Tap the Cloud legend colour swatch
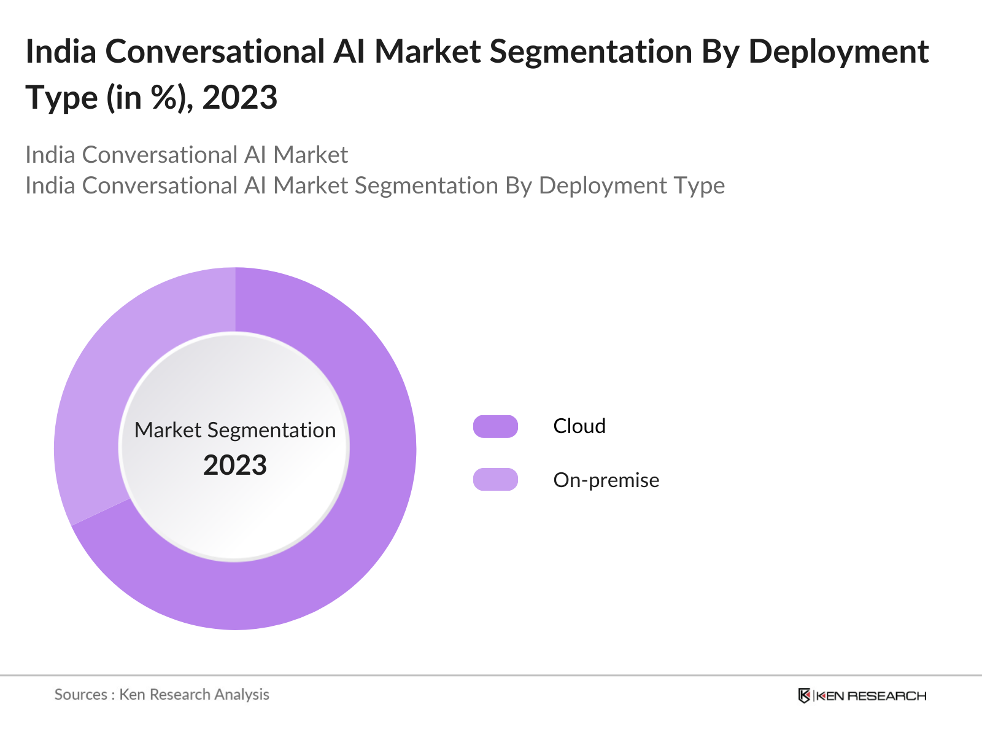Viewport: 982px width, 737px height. pyautogui.click(x=495, y=426)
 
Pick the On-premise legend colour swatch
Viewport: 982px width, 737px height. pyautogui.click(x=495, y=480)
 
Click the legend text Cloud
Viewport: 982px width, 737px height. pyautogui.click(x=579, y=426)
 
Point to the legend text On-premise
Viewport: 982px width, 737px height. pyautogui.click(x=606, y=480)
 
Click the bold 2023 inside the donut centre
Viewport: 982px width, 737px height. pyautogui.click(x=235, y=466)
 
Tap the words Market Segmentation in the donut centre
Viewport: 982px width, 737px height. pyautogui.click(x=235, y=430)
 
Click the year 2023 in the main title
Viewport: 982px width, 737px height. pyautogui.click(x=240, y=97)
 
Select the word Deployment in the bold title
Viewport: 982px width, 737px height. pyautogui.click(x=838, y=52)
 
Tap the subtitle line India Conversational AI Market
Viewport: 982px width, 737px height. pyautogui.click(x=187, y=155)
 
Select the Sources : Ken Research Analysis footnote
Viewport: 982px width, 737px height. pyautogui.click(x=161, y=695)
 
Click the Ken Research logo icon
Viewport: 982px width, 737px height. pyautogui.click(x=804, y=696)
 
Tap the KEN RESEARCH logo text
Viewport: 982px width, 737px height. pyautogui.click(x=871, y=696)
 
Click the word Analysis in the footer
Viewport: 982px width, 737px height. pyautogui.click(x=241, y=695)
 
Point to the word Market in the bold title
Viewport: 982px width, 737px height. pyautogui.click(x=428, y=52)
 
